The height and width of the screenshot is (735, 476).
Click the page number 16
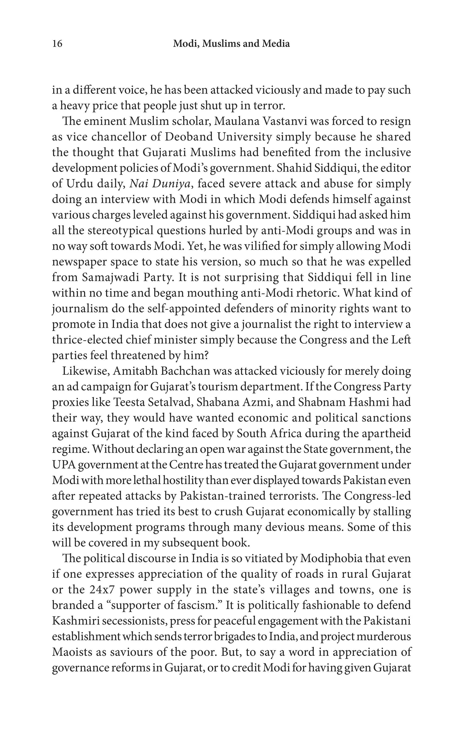(x=57, y=44)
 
